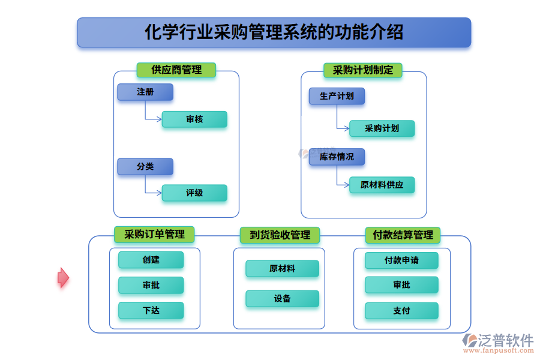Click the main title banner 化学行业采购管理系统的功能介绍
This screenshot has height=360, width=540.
point(274,32)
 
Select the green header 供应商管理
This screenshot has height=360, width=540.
point(176,70)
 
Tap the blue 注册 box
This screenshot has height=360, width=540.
point(145,92)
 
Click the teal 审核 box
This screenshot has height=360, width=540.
point(194,119)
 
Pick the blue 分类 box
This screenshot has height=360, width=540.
point(145,167)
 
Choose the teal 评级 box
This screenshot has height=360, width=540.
point(194,193)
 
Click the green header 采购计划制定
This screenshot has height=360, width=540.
point(363,70)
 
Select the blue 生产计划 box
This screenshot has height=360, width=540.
point(337,96)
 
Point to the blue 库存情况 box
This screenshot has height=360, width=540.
point(337,157)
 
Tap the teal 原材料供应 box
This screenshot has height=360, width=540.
point(382,185)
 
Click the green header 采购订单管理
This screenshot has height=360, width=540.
point(154,235)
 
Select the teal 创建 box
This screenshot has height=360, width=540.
point(151,260)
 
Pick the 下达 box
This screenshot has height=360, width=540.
point(151,310)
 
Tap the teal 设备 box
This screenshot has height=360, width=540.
point(282,299)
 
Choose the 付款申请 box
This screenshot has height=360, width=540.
point(401,260)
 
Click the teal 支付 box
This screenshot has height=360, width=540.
point(401,311)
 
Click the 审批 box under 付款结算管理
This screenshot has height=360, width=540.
point(401,285)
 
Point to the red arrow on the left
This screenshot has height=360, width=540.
point(63,277)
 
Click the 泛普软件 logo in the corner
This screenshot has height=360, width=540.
point(498,343)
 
